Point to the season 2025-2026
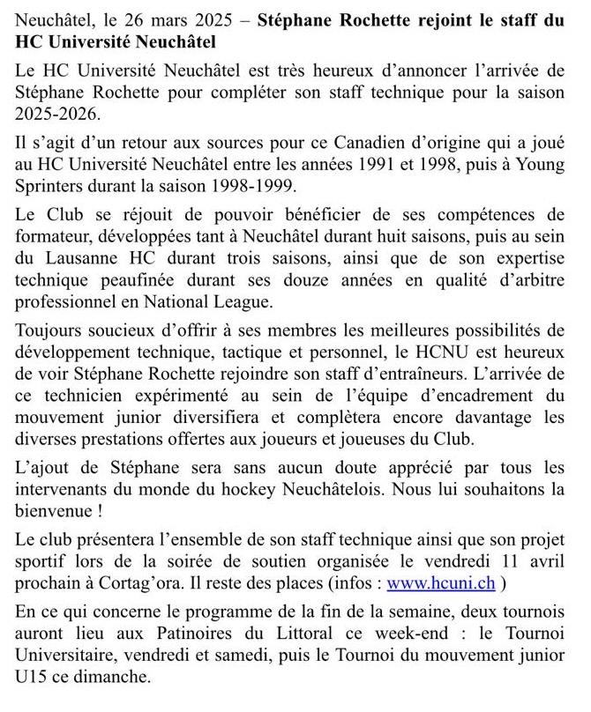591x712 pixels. point(55,115)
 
